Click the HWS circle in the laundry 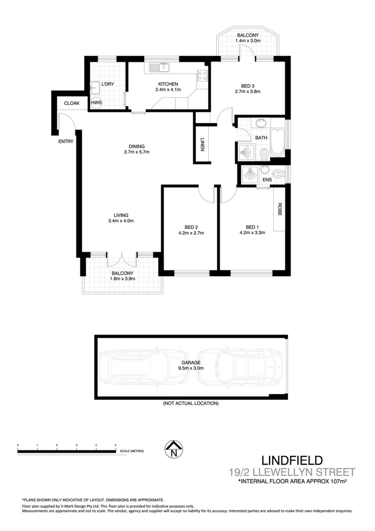pos(97,103)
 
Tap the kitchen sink pos(160,67)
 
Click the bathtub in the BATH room pos(278,142)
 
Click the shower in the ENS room pos(249,176)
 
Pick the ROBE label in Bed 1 pos(279,209)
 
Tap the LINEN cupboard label pos(202,144)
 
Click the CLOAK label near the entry pos(72,103)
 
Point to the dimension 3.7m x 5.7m pos(137,152)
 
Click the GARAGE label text pos(191,362)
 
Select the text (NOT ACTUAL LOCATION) pos(191,403)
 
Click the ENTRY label pos(66,142)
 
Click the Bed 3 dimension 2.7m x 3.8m pos(248,91)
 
